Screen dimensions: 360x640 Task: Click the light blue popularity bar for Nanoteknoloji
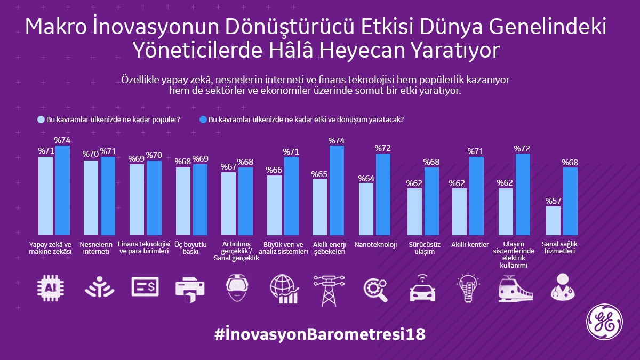pos(366,209)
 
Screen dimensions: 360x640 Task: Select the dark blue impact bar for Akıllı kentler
pos(476,196)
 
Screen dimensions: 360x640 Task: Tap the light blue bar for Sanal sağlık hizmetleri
pos(553,221)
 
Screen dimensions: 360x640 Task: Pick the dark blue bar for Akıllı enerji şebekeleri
pos(337,190)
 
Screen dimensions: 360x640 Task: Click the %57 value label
pos(553,201)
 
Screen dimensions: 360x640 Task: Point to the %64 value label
pos(366,178)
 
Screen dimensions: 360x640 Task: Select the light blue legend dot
pos(41,119)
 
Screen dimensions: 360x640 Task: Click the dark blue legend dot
pos(202,119)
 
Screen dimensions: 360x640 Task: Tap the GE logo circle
pos(604,323)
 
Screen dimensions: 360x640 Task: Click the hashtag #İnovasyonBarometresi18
pos(320,334)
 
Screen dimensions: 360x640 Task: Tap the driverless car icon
pos(422,289)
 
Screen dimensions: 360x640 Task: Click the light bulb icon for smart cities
pos(470,289)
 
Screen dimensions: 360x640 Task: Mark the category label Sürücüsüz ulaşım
pos(421,248)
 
